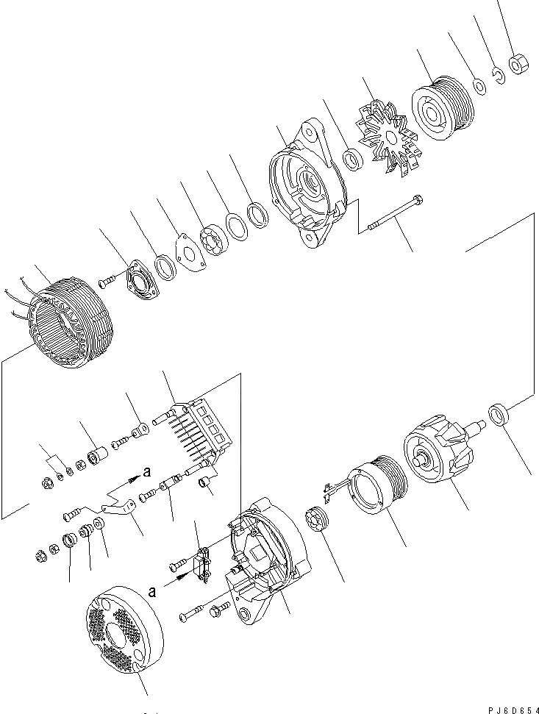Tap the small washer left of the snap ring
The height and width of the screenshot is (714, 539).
coord(479,87)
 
